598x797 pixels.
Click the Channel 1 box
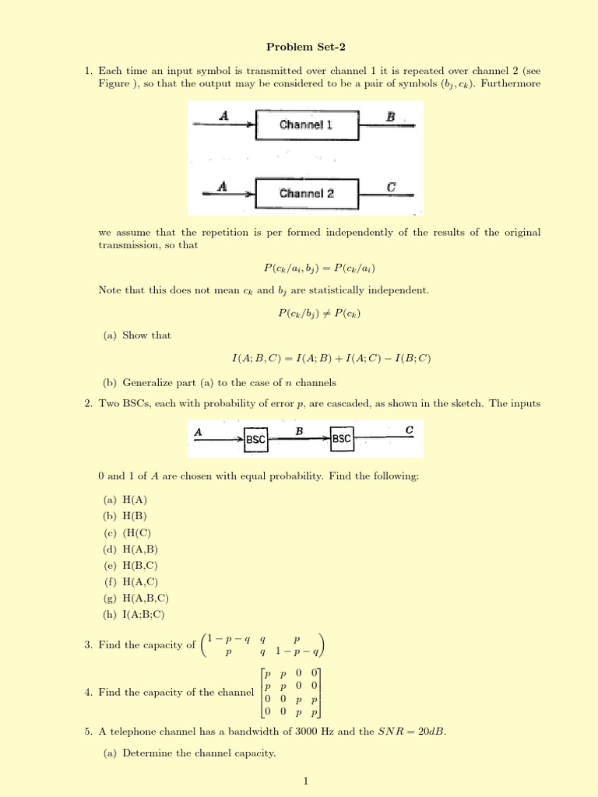click(x=306, y=125)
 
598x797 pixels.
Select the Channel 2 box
click(x=306, y=193)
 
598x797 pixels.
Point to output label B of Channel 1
click(x=391, y=116)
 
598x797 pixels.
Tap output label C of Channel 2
click(x=391, y=187)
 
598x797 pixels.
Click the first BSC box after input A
click(x=256, y=440)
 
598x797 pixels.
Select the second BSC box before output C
click(x=342, y=440)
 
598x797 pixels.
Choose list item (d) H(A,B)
click(x=130, y=549)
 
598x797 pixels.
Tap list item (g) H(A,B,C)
click(x=135, y=598)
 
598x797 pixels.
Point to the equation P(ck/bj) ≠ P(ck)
click(x=319, y=313)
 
